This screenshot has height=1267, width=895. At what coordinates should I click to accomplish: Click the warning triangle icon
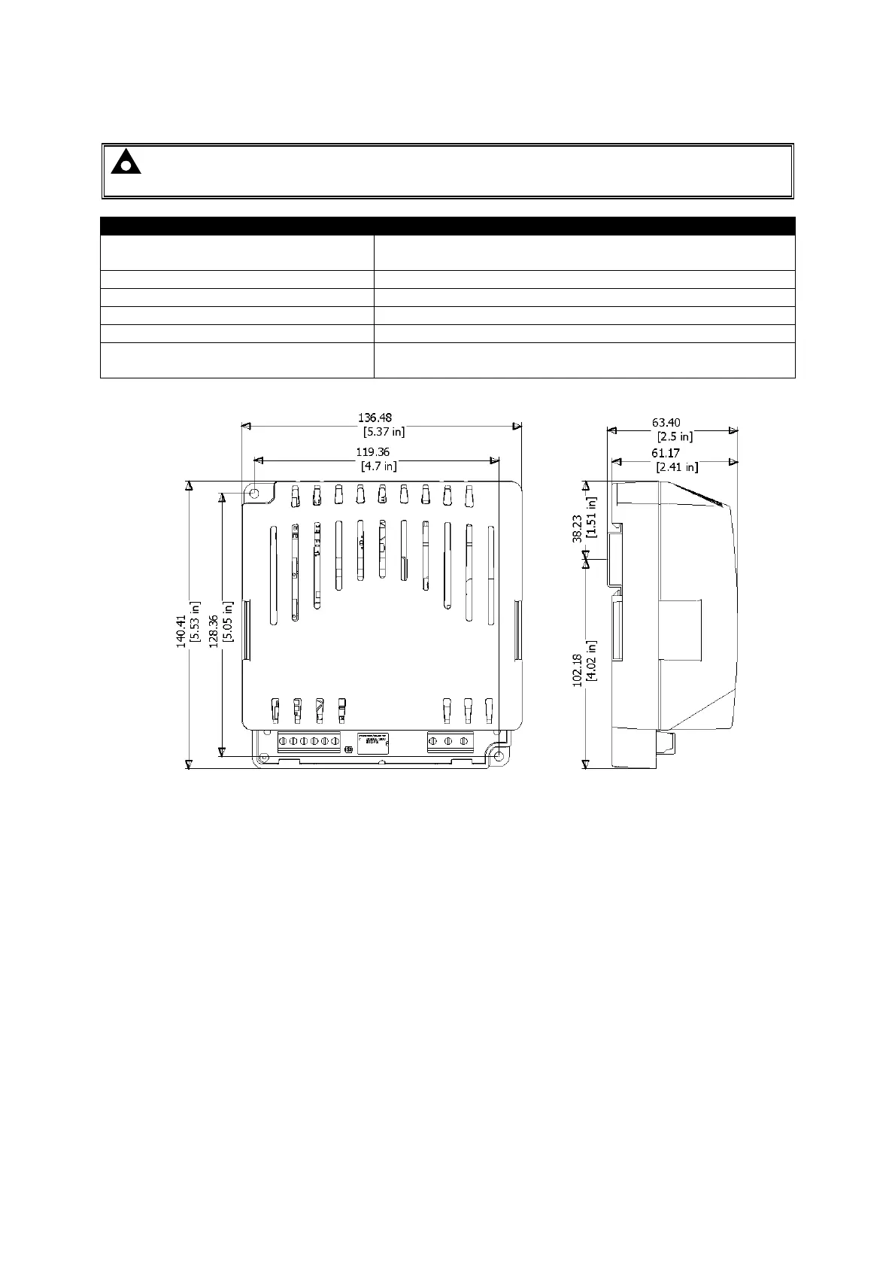(x=126, y=162)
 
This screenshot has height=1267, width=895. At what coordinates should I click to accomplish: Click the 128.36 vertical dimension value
(x=214, y=630)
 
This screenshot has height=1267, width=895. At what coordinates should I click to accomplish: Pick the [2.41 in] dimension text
(x=676, y=467)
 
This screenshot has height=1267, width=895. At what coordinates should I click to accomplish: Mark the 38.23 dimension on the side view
(x=578, y=528)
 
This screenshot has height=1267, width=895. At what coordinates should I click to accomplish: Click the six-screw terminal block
(x=308, y=742)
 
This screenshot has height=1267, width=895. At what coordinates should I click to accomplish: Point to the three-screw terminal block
(x=450, y=742)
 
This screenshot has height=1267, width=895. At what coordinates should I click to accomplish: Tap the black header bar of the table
(x=447, y=226)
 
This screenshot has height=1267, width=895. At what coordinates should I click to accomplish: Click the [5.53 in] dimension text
(x=196, y=621)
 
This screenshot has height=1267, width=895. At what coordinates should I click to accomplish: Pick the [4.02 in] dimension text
(x=593, y=661)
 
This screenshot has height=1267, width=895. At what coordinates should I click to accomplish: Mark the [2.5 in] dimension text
(x=675, y=436)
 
